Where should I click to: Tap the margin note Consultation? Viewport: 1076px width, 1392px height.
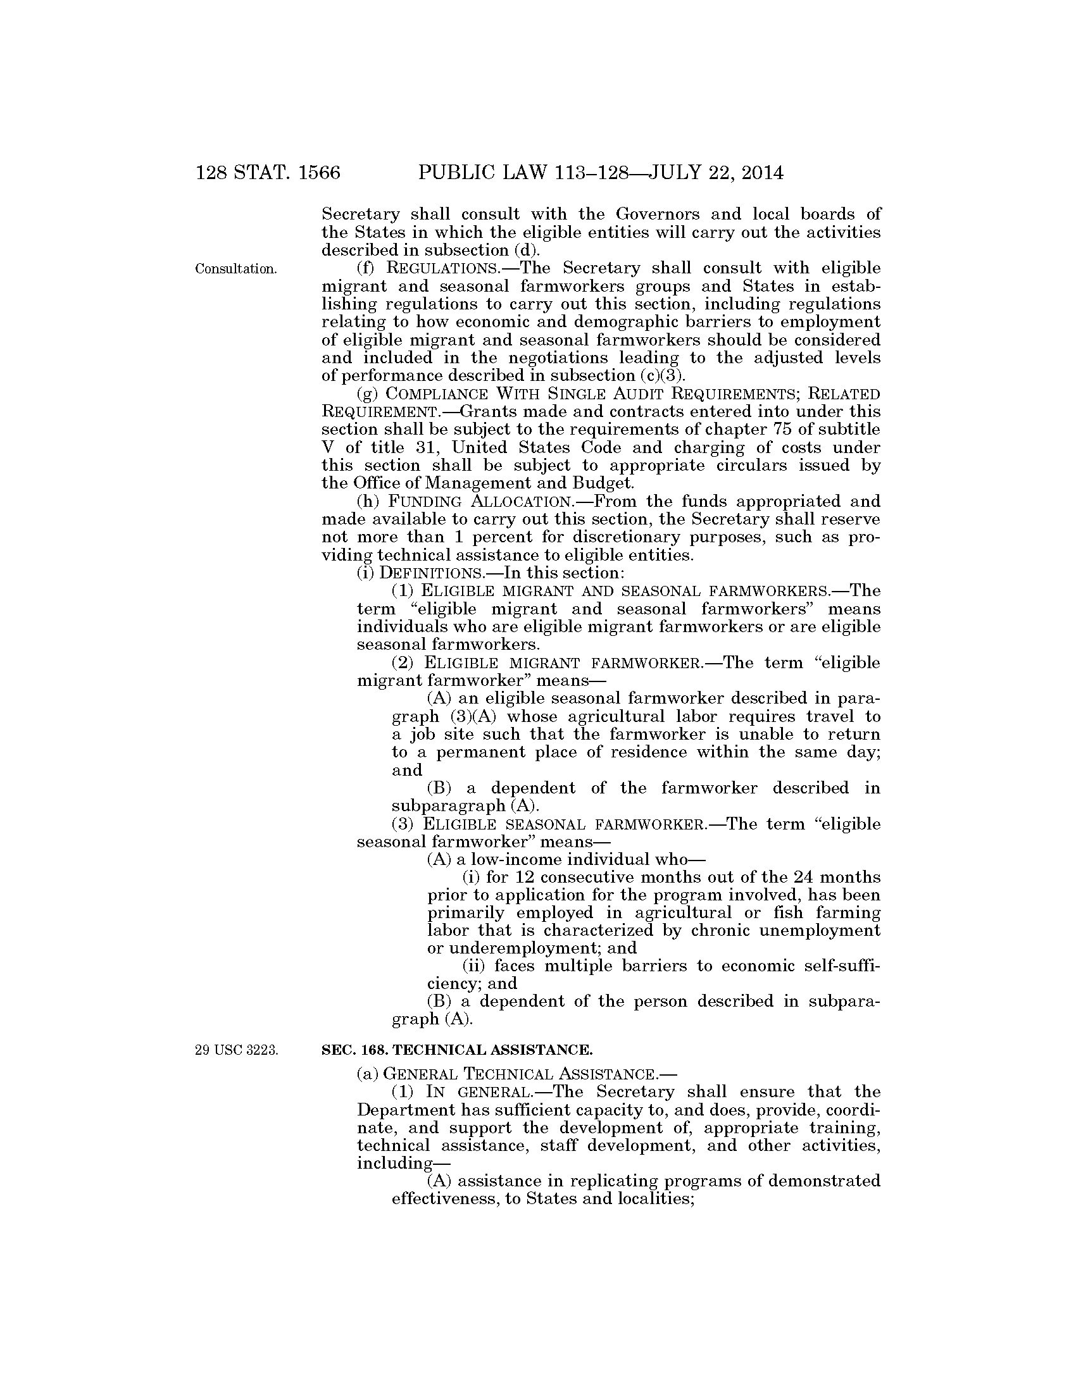coord(236,269)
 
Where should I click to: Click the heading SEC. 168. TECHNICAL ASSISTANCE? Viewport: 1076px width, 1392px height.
coord(457,1049)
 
